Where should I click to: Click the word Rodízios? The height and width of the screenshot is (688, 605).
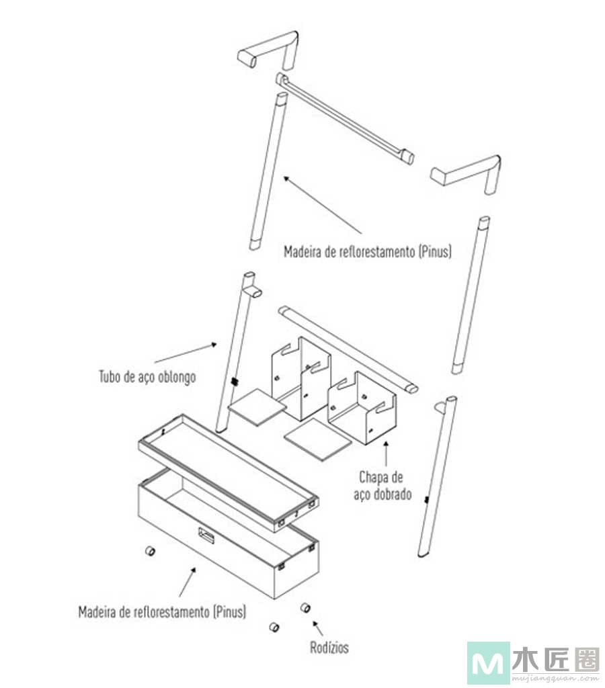click(329, 647)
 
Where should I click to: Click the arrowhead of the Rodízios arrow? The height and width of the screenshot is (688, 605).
click(315, 623)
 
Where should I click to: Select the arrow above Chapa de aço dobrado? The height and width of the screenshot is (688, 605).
click(387, 454)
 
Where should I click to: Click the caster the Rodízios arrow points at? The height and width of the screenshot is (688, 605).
click(305, 607)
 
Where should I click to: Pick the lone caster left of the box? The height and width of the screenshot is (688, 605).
click(150, 551)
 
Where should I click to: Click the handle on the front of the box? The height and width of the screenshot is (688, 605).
click(206, 535)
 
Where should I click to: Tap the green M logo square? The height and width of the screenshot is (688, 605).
click(488, 662)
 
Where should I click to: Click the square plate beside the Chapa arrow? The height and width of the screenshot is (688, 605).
click(318, 439)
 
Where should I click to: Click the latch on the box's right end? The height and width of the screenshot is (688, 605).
click(311, 548)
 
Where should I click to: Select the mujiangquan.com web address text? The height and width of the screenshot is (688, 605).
click(555, 679)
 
